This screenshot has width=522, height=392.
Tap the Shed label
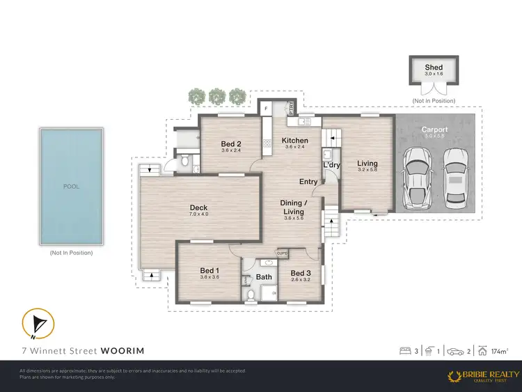pos(434,68)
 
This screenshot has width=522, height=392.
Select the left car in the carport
pos(418,177)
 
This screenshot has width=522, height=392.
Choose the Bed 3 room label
pos(300,273)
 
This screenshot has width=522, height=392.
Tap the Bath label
pos(264,276)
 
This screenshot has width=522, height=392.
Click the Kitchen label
pos(294,141)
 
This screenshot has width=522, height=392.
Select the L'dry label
pos(331,165)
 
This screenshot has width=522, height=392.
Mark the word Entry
pos(308,182)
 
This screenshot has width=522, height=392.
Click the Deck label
pos(199,207)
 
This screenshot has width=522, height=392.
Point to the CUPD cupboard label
pos(283,253)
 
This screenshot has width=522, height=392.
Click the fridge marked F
pos(267,108)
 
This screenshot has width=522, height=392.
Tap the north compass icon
pos(37,324)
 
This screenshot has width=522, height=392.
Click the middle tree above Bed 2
pos(218,95)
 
